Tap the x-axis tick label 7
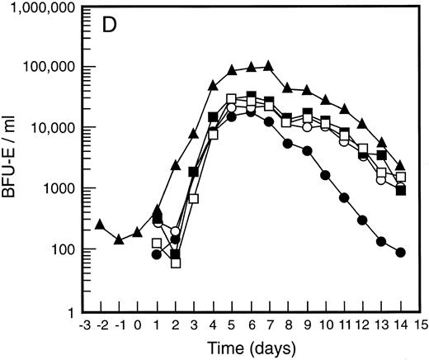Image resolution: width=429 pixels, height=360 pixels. [x=269, y=324]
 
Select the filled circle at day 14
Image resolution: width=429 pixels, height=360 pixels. [x=401, y=253]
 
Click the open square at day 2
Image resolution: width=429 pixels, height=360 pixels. [x=175, y=263]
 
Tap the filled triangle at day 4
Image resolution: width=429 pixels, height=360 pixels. [x=213, y=85]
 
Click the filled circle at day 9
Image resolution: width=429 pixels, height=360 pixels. [x=307, y=151]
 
